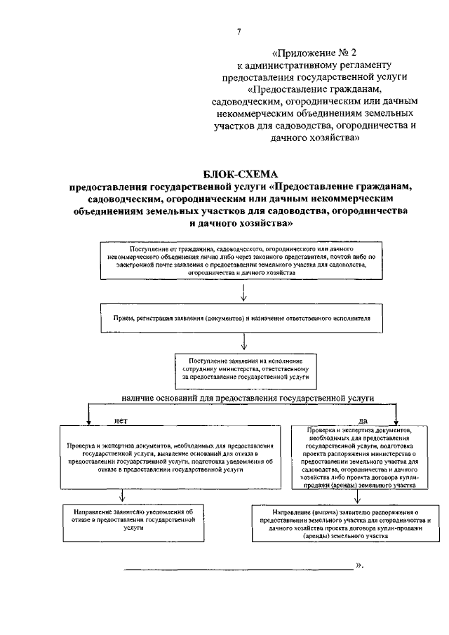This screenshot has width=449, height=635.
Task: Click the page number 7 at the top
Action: pyautogui.click(x=239, y=32)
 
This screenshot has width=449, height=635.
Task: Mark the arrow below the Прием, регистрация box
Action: pyautogui.click(x=243, y=341)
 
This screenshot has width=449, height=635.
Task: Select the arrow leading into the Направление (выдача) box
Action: pyautogui.click(x=358, y=497)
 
